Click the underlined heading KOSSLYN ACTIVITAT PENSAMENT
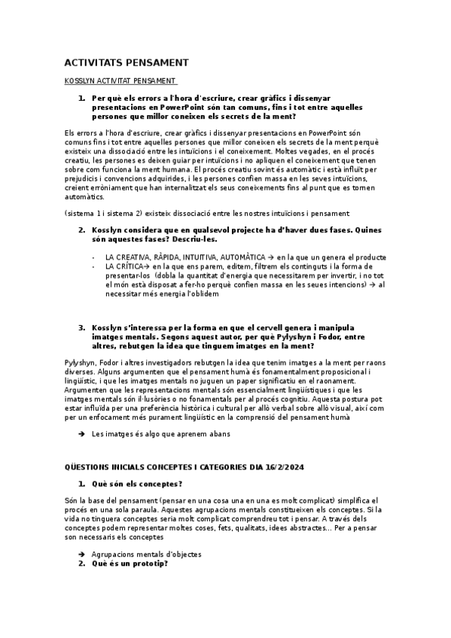click(x=121, y=81)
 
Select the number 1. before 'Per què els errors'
click(x=81, y=98)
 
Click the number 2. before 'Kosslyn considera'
click(x=81, y=229)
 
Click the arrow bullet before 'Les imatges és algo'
click(x=81, y=434)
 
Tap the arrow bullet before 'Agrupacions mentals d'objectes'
click(x=81, y=554)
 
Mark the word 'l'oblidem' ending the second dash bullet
click(x=198, y=294)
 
